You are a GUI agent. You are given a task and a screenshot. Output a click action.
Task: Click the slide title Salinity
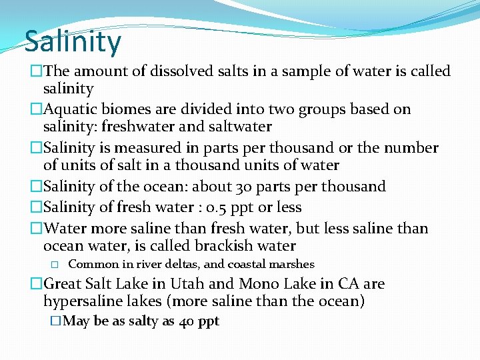[x=73, y=41]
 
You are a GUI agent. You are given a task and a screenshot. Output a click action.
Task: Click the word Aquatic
[x=73, y=109]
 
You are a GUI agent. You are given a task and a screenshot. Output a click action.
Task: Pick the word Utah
[x=189, y=284]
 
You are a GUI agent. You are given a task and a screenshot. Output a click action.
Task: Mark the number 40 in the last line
[x=186, y=321]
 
